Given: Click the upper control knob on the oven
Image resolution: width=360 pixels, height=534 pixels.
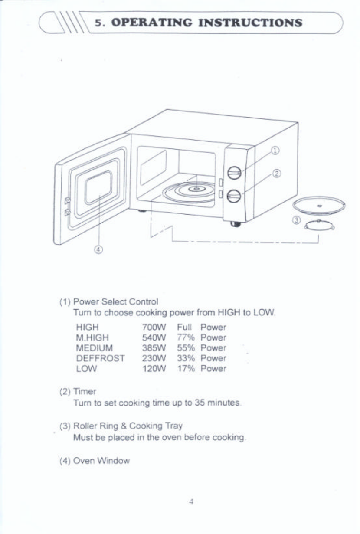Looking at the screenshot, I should coord(234,173).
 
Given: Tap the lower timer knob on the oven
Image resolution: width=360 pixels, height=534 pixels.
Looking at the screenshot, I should coord(234,196).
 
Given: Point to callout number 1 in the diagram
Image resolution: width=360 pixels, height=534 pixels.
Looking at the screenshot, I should coord(275,151).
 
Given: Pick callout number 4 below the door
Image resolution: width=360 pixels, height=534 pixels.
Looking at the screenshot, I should coord(99,249).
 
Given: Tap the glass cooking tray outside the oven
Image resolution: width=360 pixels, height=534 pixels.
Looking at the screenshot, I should coord(319,205).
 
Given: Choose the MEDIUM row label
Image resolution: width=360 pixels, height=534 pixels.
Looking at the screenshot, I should coord(94,348).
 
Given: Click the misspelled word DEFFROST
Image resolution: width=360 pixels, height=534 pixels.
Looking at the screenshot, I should coord(100,358).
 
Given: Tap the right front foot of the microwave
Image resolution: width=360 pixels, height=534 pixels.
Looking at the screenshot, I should coord(236,224).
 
